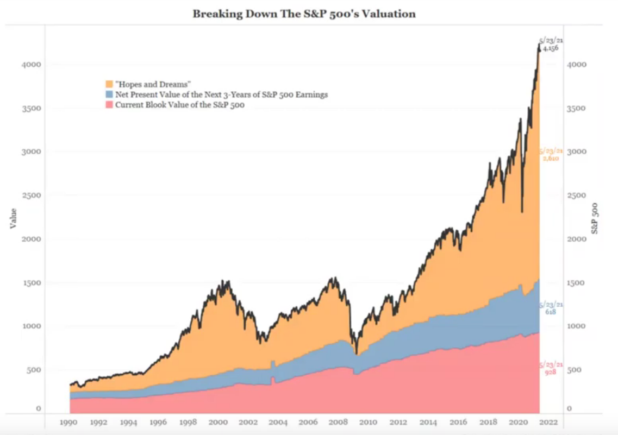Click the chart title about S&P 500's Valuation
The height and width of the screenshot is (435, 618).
[304, 14]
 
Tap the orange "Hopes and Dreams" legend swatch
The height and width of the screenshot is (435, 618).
[109, 84]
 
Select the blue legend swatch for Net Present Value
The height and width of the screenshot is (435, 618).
[109, 94]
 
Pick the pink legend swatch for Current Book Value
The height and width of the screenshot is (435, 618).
[109, 105]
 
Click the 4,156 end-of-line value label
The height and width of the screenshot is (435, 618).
[551, 48]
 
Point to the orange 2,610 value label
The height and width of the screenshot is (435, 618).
[551, 158]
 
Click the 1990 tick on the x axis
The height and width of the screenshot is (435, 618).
[67, 421]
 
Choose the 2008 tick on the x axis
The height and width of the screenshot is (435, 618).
[338, 421]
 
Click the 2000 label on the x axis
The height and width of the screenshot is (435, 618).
[218, 421]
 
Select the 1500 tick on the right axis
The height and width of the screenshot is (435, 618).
[577, 283]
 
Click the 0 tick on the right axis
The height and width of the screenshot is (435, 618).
[570, 408]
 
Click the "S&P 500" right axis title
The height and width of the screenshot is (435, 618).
[595, 218]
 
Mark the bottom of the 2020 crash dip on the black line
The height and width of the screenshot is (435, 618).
[522, 212]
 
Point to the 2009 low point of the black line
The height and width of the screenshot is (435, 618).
[357, 354]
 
